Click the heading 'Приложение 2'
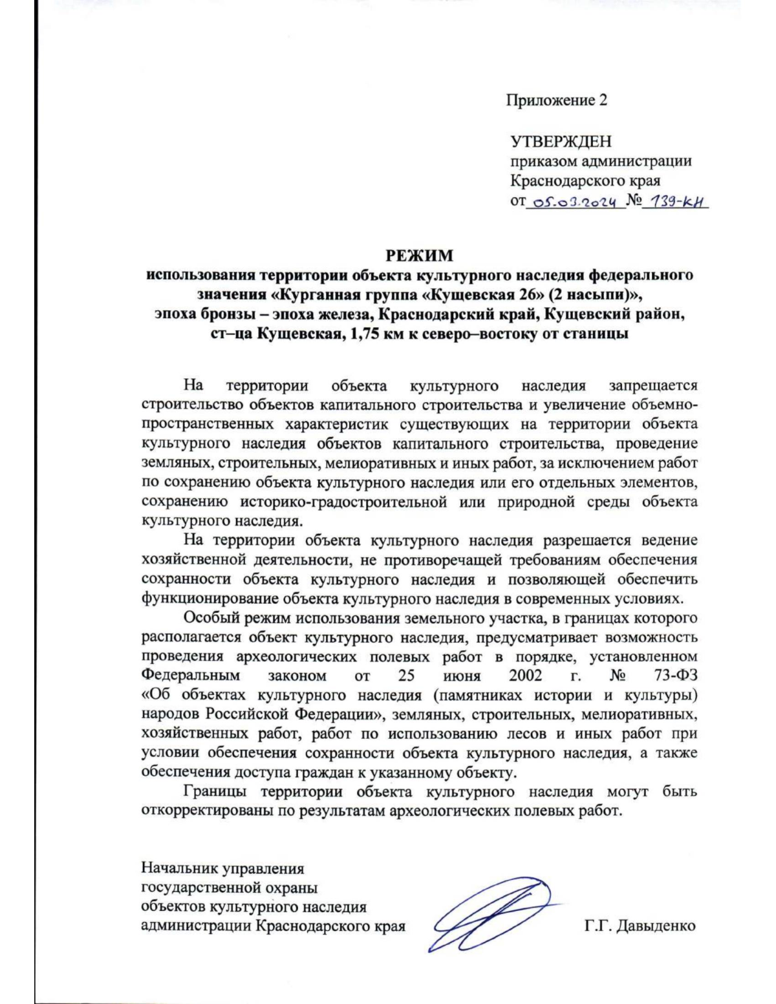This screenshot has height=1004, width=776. [x=556, y=100]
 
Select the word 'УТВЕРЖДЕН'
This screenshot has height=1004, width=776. [x=561, y=142]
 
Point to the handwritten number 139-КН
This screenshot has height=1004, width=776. [x=678, y=202]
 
